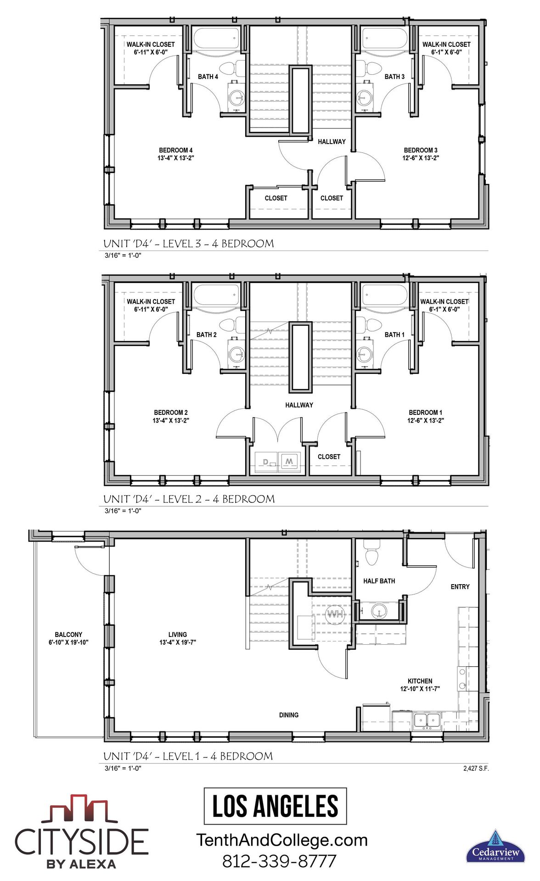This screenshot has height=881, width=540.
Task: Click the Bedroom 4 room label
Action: coord(175,150)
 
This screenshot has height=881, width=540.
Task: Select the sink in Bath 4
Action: coord(237,97)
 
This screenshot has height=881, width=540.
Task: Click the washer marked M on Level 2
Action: coord(289,461)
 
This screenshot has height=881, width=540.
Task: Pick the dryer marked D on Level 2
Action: coord(266,462)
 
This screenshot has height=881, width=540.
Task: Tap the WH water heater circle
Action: coord(335,614)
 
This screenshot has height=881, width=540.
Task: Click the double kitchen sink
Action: coord(427,720)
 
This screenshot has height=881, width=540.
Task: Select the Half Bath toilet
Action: coord(371,552)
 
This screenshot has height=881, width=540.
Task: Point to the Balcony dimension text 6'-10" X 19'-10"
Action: coord(68,642)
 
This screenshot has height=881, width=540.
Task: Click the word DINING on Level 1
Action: coord(288,715)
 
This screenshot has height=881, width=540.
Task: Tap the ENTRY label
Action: coord(460,586)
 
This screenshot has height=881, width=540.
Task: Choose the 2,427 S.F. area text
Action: coord(476,768)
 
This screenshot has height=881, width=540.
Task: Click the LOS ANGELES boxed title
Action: coord(275,806)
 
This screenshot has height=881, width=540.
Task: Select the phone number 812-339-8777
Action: coord(279,861)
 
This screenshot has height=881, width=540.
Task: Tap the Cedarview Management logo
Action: coord(495,847)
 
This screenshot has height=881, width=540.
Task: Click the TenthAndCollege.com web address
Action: coord(282,840)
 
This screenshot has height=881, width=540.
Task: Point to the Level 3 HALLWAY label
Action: coord(332,142)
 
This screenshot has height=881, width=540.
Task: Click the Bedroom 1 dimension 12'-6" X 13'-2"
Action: coord(425,420)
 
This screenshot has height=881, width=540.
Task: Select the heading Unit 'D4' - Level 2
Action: coord(189,499)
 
